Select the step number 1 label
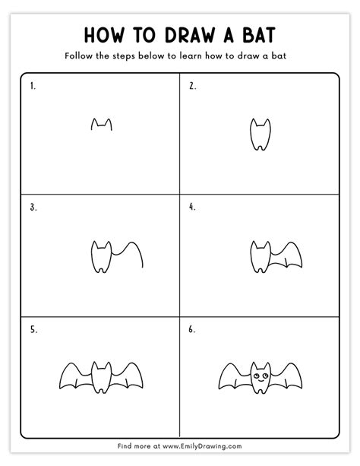coord(33,86)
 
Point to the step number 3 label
coord(33,206)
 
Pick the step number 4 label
coord(192,206)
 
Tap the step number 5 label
coord(33,330)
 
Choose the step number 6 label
coord(192,330)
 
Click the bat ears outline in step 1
coord(101,124)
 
